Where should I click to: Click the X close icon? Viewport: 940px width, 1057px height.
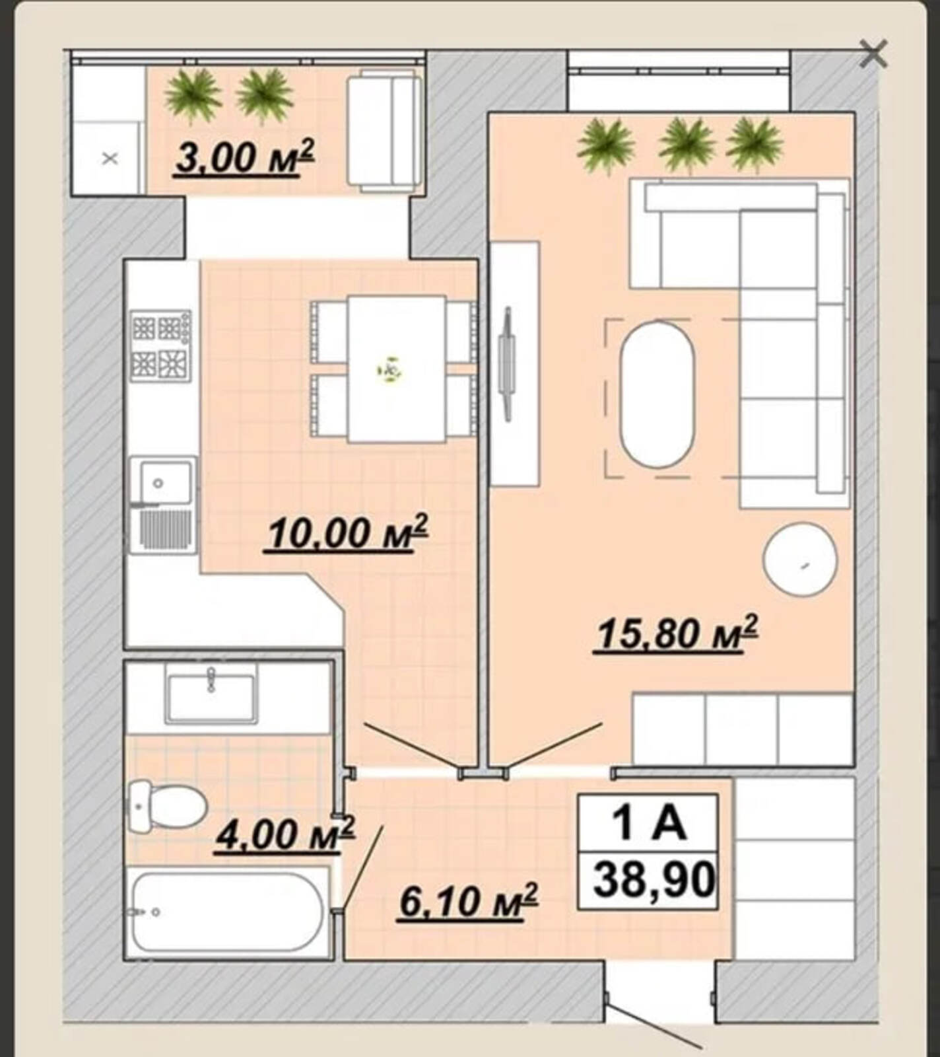(873, 54)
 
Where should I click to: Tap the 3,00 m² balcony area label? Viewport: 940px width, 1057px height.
(244, 159)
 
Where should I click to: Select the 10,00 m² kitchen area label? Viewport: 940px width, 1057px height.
(348, 533)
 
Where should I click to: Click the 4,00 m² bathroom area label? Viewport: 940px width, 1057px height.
(286, 834)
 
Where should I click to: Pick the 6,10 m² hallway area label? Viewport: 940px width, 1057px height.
(469, 901)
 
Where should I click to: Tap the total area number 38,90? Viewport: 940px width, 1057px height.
(654, 880)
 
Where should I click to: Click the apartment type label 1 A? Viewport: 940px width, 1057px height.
(650, 823)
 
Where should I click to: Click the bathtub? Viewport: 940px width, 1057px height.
(228, 912)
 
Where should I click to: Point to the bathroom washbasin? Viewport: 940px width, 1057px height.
(211, 698)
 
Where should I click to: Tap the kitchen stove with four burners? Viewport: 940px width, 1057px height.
(162, 346)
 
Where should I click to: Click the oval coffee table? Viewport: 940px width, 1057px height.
(657, 394)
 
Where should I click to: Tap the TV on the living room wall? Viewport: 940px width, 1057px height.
(507, 363)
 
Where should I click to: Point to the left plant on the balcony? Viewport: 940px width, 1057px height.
(193, 96)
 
